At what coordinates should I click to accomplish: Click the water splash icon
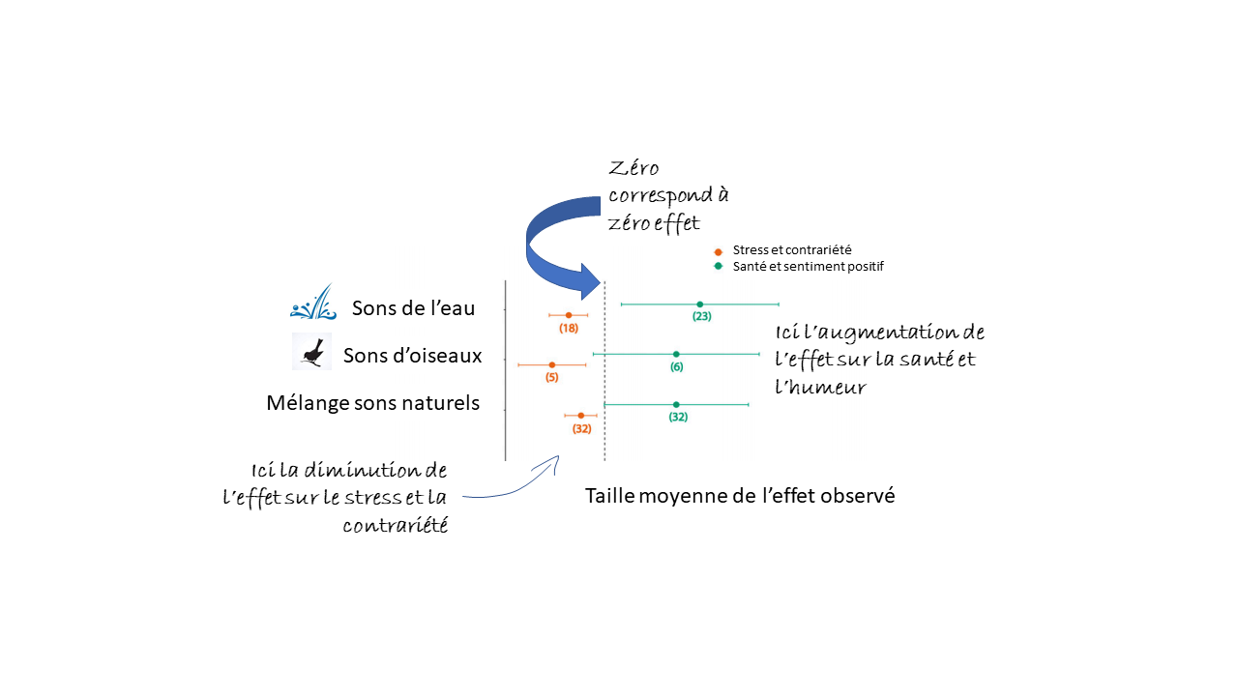313,303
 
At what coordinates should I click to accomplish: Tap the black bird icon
312,352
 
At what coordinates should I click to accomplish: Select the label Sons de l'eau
413,308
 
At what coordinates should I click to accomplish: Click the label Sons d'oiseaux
412,356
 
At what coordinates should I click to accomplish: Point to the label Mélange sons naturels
372,403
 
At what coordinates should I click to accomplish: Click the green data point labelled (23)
700,304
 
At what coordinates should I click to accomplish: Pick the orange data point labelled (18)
569,315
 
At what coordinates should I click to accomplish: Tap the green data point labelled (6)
676,354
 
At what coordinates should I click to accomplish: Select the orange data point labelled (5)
551,364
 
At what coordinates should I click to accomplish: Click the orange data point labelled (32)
580,416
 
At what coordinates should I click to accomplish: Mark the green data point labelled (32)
676,404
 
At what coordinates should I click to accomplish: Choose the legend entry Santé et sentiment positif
808,266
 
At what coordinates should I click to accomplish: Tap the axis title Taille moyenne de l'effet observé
740,496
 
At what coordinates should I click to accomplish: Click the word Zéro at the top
634,168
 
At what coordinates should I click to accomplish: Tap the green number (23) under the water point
702,316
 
